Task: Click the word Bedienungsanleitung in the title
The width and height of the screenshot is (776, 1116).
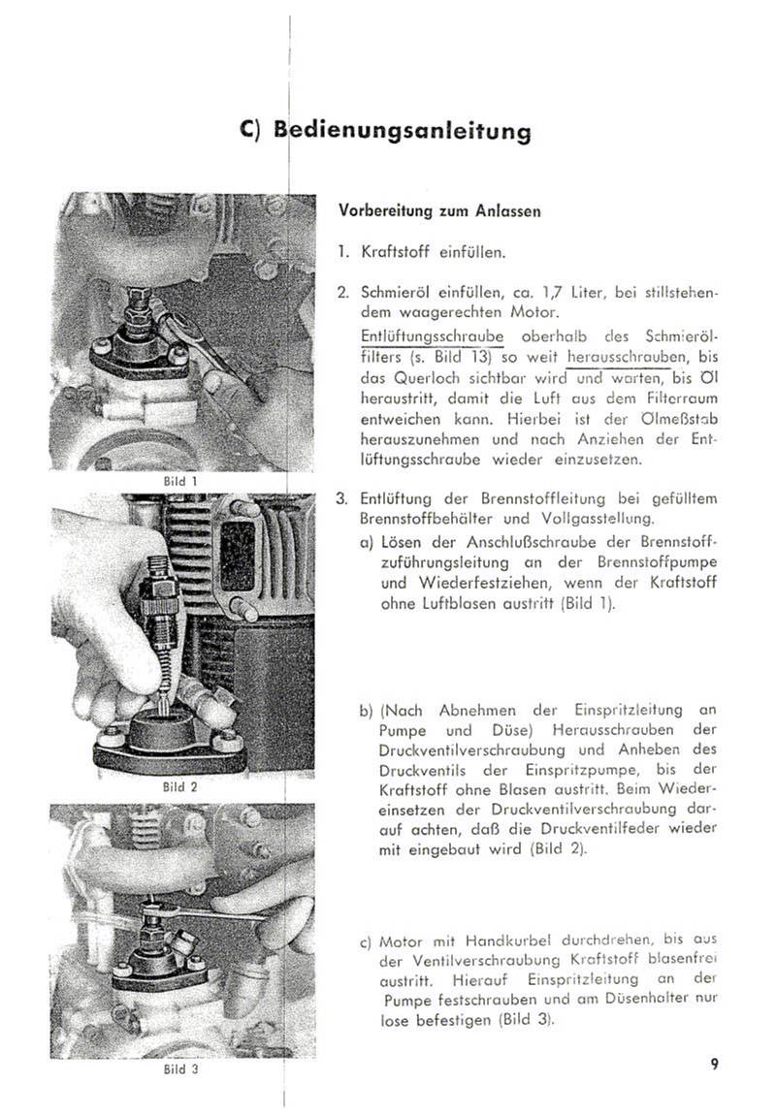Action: coord(403,130)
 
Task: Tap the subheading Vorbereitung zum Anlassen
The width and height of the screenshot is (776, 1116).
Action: coord(439,210)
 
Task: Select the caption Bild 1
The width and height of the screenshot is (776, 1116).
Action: coord(181,481)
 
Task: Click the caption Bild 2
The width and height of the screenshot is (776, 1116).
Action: coord(181,787)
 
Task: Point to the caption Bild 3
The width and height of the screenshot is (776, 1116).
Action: coord(181,1070)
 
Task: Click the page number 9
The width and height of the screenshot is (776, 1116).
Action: coord(714,1065)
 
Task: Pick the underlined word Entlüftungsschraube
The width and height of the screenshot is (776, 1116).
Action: coord(432,335)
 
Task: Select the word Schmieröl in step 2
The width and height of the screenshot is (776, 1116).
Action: coord(395,292)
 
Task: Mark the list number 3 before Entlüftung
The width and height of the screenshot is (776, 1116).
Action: coord(341,499)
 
